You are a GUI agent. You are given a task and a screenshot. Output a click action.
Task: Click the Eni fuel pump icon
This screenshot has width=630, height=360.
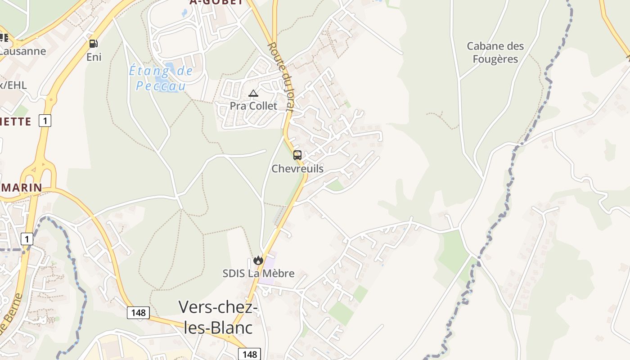(93, 43)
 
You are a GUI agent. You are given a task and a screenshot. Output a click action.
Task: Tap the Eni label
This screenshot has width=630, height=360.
(94, 57)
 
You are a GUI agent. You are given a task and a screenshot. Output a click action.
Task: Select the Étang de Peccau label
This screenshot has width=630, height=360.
(161, 78)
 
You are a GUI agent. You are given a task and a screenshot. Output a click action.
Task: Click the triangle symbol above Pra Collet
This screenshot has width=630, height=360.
(253, 94)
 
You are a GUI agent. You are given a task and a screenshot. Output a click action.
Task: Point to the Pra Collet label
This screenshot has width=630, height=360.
(253, 106)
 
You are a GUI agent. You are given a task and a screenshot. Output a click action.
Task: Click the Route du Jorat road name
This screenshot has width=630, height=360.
(280, 76)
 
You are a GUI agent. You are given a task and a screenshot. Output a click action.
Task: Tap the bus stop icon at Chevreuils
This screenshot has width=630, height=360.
(297, 155)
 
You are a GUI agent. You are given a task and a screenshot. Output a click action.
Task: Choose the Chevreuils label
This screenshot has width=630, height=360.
(297, 169)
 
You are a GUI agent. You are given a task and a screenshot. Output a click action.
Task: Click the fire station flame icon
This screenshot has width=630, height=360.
(258, 260)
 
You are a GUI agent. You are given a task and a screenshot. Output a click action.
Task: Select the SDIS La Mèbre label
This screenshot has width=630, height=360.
(258, 273)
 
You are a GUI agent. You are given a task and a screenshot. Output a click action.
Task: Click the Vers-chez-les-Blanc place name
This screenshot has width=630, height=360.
(218, 317)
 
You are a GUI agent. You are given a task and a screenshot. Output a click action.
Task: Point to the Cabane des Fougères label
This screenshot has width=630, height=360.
(495, 52)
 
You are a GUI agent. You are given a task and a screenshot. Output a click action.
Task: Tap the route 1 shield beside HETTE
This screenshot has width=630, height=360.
(45, 121)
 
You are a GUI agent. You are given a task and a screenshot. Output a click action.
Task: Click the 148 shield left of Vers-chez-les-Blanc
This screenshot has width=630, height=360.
(138, 313)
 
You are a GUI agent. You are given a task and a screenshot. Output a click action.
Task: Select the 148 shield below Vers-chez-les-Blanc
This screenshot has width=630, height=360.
(249, 354)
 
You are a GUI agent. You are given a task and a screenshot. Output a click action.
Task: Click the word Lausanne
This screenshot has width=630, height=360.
(22, 51)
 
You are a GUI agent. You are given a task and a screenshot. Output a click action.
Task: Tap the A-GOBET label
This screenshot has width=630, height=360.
(216, 2)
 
